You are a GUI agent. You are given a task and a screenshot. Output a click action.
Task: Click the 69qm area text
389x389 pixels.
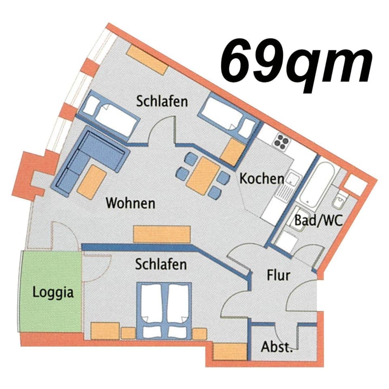pos(296,61)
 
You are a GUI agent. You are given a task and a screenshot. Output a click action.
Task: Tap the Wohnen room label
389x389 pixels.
pos(130,203)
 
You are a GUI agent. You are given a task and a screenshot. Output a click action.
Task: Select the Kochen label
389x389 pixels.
pos(261,179)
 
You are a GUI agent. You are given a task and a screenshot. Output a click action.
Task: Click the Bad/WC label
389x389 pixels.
pos(318,221)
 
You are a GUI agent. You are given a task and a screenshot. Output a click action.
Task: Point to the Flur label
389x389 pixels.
pos(278,276)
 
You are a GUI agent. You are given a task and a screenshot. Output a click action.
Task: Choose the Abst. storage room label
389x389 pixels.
pos(277,347)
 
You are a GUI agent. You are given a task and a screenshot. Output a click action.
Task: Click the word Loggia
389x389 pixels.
pos(53,292)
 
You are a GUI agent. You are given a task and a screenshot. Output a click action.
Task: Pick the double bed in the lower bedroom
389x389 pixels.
pos(164,310)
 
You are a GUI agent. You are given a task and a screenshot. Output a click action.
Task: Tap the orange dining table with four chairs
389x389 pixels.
pos(201,177)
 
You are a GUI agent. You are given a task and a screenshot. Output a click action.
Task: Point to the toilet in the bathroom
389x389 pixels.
pos(340,201)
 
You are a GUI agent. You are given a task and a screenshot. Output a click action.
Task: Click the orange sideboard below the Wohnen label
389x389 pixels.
pos(162,234)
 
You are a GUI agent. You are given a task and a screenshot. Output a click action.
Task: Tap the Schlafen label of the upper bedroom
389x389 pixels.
pos(162,101)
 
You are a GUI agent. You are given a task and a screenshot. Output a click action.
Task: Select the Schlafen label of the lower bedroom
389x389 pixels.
pos(161,265)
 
